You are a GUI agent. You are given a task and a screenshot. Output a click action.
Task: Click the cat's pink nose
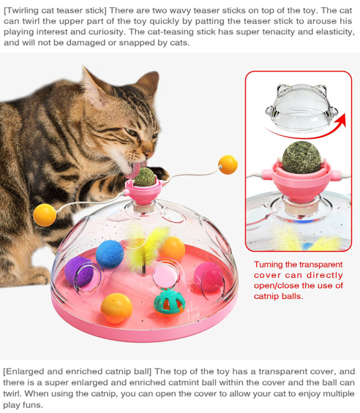pos(149,154)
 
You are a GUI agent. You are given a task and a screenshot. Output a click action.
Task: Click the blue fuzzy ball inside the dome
pos(110,254)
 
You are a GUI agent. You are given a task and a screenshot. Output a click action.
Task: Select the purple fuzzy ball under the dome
pos(79,272)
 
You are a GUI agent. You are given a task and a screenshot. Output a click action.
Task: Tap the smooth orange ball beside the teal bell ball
pos(116,308)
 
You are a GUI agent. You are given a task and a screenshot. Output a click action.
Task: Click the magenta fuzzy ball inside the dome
pos(209,277)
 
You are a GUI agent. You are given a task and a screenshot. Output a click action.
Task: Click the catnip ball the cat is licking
pos(144,177)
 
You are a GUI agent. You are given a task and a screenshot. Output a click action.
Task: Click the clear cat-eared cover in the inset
pos(301,108)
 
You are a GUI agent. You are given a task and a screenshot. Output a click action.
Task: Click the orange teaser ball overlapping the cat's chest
pos(45,215)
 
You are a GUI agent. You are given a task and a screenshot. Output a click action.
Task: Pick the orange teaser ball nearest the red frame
pos(228,165)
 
